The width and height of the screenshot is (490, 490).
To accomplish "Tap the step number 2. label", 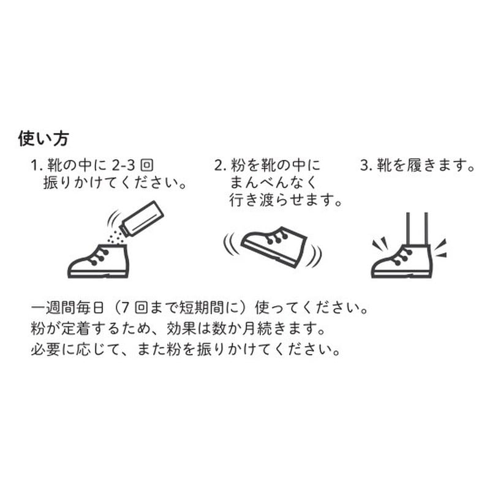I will click(220, 165).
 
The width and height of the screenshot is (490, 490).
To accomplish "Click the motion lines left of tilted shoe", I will click(229, 243).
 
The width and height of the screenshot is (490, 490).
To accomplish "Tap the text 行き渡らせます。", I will click(285, 200).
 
